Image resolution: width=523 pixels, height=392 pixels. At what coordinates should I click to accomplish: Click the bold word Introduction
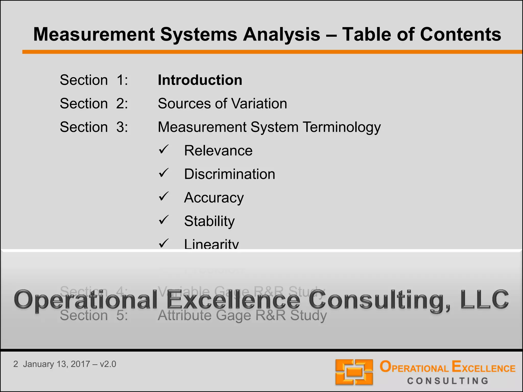click(x=200, y=80)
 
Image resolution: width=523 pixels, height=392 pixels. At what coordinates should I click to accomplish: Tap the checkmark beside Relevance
click(x=163, y=150)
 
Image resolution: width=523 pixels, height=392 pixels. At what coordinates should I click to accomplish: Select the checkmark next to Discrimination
click(x=163, y=173)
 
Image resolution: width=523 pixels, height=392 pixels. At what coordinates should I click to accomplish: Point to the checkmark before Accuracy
click(x=163, y=197)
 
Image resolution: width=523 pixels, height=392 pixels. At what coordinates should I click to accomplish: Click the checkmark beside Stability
click(x=163, y=220)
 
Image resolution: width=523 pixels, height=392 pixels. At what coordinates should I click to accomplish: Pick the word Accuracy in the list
click(x=214, y=198)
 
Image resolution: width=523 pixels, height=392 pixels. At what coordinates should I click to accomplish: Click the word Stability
click(x=209, y=221)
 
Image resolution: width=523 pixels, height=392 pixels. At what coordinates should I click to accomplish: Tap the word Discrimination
click(x=230, y=174)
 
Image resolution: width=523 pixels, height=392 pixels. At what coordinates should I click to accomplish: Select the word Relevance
click(x=218, y=151)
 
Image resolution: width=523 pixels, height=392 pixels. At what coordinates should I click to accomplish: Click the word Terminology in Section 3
click(x=342, y=127)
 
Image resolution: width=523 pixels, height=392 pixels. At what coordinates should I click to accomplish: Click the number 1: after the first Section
click(x=122, y=80)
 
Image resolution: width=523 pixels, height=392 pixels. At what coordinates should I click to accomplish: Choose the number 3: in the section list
click(x=122, y=127)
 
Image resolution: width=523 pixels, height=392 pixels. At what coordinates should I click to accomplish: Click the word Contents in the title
click(x=460, y=34)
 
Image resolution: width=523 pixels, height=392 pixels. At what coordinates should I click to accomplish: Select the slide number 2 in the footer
click(x=16, y=364)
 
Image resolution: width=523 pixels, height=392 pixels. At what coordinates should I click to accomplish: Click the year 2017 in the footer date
click(x=80, y=364)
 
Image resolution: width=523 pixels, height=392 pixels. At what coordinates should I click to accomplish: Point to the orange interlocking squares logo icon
click(x=354, y=372)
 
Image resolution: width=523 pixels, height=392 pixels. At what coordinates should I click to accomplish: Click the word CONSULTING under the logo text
click(x=448, y=381)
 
